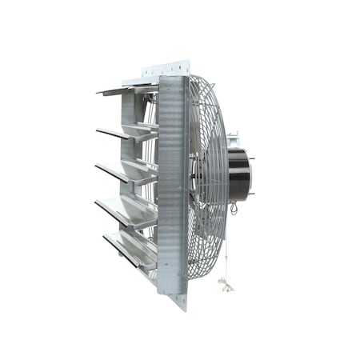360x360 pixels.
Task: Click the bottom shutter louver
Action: [130, 248]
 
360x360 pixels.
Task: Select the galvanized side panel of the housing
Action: [171, 184]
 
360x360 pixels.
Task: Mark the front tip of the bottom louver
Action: [105, 237]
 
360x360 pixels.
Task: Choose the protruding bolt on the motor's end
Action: [255, 159]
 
